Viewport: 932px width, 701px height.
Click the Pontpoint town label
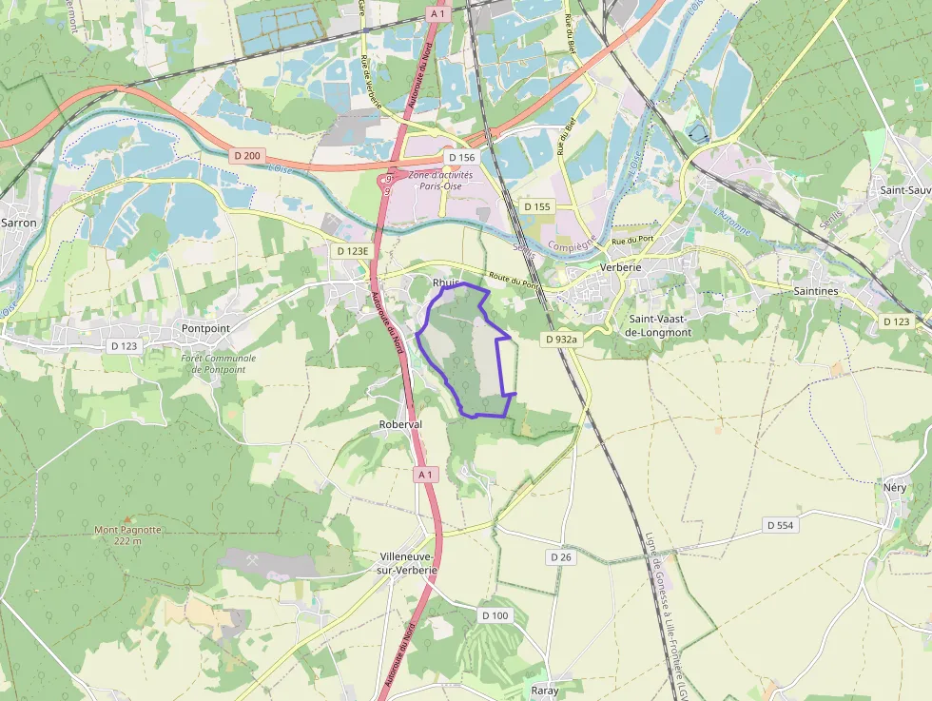point(205,327)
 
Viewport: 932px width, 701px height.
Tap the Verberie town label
point(623,268)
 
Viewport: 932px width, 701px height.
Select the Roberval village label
point(399,424)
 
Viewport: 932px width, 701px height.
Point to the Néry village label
point(895,487)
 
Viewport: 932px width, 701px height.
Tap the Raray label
point(545,691)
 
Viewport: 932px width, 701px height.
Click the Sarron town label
point(19,223)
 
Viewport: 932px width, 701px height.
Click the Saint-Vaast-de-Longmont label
point(660,325)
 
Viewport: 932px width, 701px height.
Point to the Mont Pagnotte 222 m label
point(126,535)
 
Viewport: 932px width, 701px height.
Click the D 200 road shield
point(246,155)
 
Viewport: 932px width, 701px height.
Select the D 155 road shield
point(537,206)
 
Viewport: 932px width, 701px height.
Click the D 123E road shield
point(352,251)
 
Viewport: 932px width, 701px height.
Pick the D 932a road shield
point(562,339)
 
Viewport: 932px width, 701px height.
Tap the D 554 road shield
point(779,525)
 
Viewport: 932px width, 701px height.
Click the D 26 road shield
point(560,557)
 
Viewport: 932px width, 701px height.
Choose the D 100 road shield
point(495,615)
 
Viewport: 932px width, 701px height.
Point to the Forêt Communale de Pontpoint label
point(218,363)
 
